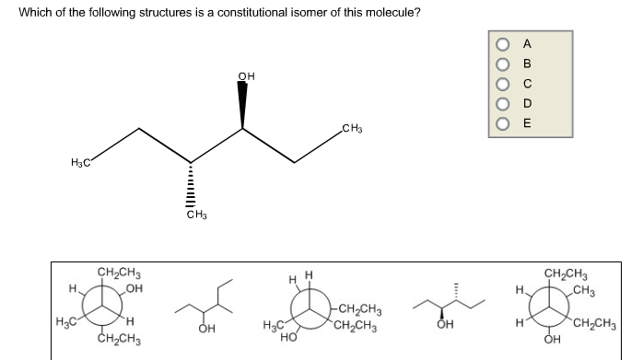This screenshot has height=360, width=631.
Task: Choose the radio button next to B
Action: [504, 63]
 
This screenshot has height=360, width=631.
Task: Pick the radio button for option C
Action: [504, 83]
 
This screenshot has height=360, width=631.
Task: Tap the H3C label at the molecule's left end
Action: [81, 163]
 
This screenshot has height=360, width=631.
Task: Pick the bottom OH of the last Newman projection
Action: [552, 344]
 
